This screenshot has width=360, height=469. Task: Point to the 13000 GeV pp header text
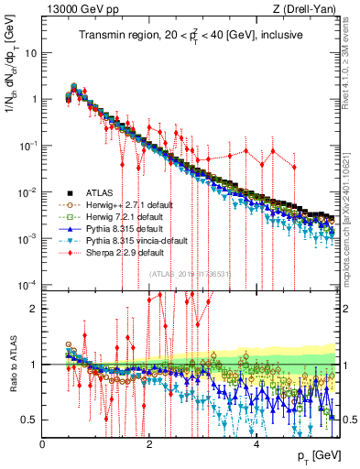coord(78,10)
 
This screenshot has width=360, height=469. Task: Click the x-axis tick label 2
coord(149,444)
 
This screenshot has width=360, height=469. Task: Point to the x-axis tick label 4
coord(256,444)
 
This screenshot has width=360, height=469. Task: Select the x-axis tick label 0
coord(43,444)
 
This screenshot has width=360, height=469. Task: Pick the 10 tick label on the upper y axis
coord(29,51)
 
